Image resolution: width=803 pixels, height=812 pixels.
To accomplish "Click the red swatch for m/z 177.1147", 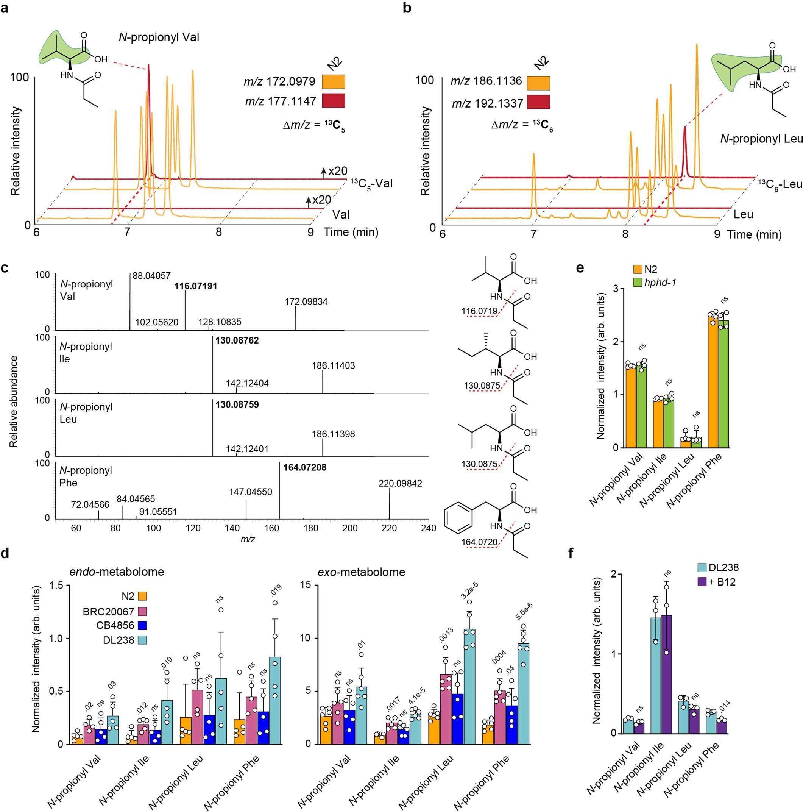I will tap(333, 101).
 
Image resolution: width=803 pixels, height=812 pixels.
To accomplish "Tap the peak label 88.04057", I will tap(152, 276).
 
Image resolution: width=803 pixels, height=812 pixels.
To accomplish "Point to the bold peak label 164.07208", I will tap(305, 467).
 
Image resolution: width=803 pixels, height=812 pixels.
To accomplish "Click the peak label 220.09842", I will tap(400, 483).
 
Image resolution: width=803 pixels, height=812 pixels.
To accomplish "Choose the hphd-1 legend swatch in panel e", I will tap(638, 283).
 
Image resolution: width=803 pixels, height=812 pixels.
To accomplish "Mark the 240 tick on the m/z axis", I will tap(428, 528).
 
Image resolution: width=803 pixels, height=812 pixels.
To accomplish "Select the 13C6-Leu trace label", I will tap(780, 184).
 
